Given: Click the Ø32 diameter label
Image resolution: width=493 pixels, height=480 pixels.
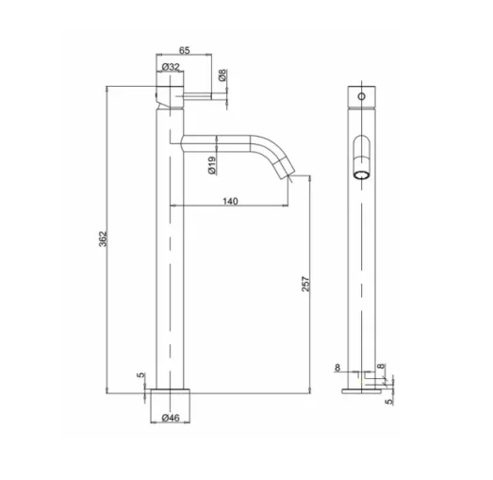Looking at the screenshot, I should click(x=171, y=68).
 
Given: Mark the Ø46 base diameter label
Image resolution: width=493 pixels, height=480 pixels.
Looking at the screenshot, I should click(x=172, y=417).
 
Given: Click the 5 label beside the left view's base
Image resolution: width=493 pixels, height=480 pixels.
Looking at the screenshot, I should click(x=142, y=376).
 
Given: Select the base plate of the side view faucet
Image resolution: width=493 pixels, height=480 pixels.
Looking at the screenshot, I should click(x=171, y=395).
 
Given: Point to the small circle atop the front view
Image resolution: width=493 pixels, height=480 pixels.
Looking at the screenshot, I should click(x=359, y=97).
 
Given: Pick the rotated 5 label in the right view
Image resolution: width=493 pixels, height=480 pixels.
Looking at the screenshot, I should click(x=387, y=399).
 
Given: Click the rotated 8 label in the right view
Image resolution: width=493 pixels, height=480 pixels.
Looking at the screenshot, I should click(x=380, y=368).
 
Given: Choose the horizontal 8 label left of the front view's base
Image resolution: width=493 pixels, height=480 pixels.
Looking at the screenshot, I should click(x=338, y=367).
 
